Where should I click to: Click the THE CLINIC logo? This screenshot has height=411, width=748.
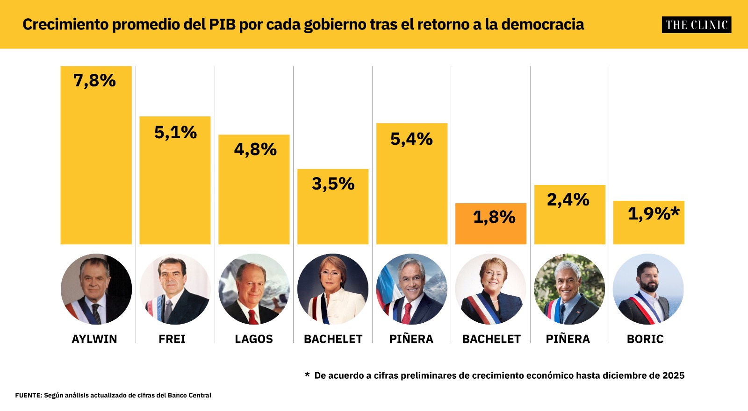696,25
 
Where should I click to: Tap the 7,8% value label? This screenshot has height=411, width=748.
94,81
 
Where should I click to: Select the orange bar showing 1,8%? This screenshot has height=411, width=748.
490,224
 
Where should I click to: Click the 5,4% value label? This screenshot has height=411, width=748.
411,139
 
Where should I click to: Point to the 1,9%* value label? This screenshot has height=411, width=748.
654,213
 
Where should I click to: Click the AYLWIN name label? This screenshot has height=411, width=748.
94,339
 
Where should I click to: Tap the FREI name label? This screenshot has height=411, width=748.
172,339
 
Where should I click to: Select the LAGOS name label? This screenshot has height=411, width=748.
254,339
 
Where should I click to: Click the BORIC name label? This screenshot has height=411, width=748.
645,339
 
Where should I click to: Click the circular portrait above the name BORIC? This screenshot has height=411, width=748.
648,289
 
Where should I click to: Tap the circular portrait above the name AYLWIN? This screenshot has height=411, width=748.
96,289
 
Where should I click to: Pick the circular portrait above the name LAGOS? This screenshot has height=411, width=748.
254,289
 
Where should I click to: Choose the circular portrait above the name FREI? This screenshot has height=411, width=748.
175,289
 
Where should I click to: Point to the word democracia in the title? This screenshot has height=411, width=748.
543,24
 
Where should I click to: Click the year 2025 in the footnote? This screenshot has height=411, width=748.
673,376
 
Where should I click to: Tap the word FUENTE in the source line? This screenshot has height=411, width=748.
29,395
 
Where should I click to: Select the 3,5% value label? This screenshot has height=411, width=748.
333,184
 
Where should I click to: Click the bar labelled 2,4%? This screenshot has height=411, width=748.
570,214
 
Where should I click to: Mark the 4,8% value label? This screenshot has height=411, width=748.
255,149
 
